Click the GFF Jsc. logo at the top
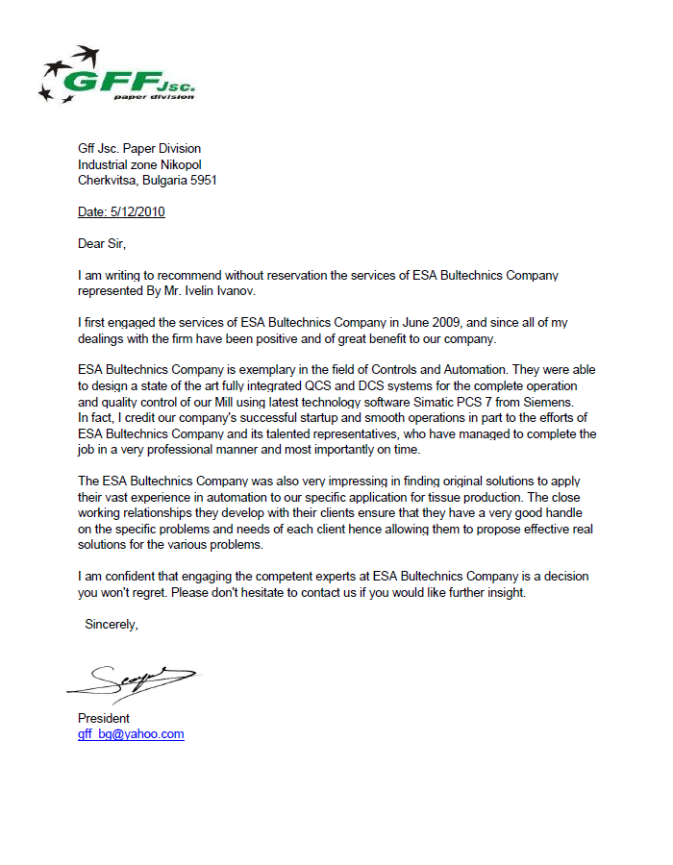[116, 75]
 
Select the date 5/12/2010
[137, 212]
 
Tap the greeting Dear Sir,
[102, 244]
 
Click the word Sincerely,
[112, 624]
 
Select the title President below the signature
[104, 718]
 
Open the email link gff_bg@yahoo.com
[131, 733]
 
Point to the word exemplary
[271, 370]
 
